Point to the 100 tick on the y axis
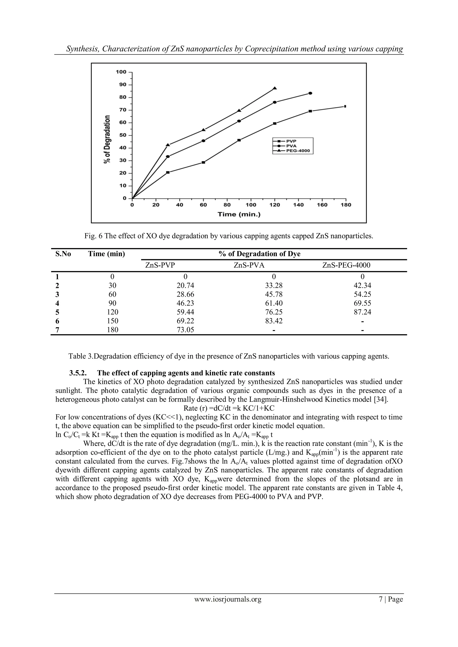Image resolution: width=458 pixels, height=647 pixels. [121, 72]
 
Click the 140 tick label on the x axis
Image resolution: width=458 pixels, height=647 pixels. [298, 205]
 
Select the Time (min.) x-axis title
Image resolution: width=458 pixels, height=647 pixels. [239, 215]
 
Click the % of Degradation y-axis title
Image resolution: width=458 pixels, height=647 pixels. [107, 139]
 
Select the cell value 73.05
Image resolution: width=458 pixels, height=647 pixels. [185, 330]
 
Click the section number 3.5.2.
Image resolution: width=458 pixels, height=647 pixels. [78, 373]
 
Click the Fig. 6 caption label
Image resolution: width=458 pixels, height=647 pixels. [93, 236]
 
